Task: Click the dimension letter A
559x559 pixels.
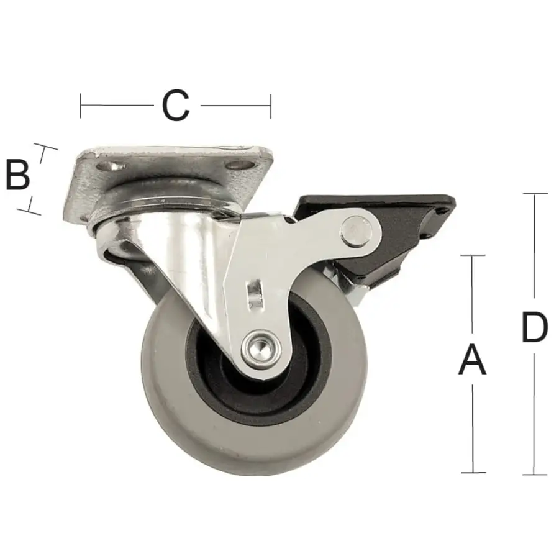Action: [472, 361]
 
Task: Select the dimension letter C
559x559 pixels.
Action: [175, 106]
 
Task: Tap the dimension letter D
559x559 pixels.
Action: [534, 327]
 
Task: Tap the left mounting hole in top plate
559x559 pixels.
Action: [110, 166]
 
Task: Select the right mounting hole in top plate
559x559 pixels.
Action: [240, 165]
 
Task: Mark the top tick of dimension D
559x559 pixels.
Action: [535, 194]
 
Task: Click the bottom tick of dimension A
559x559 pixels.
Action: [473, 473]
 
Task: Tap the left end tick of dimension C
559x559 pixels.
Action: [81, 106]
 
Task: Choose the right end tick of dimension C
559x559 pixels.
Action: [270, 106]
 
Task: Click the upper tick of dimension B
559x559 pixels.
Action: [45, 147]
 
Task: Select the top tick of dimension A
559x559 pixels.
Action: [473, 255]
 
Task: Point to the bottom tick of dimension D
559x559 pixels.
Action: [535, 475]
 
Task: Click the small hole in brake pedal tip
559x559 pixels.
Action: [442, 211]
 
